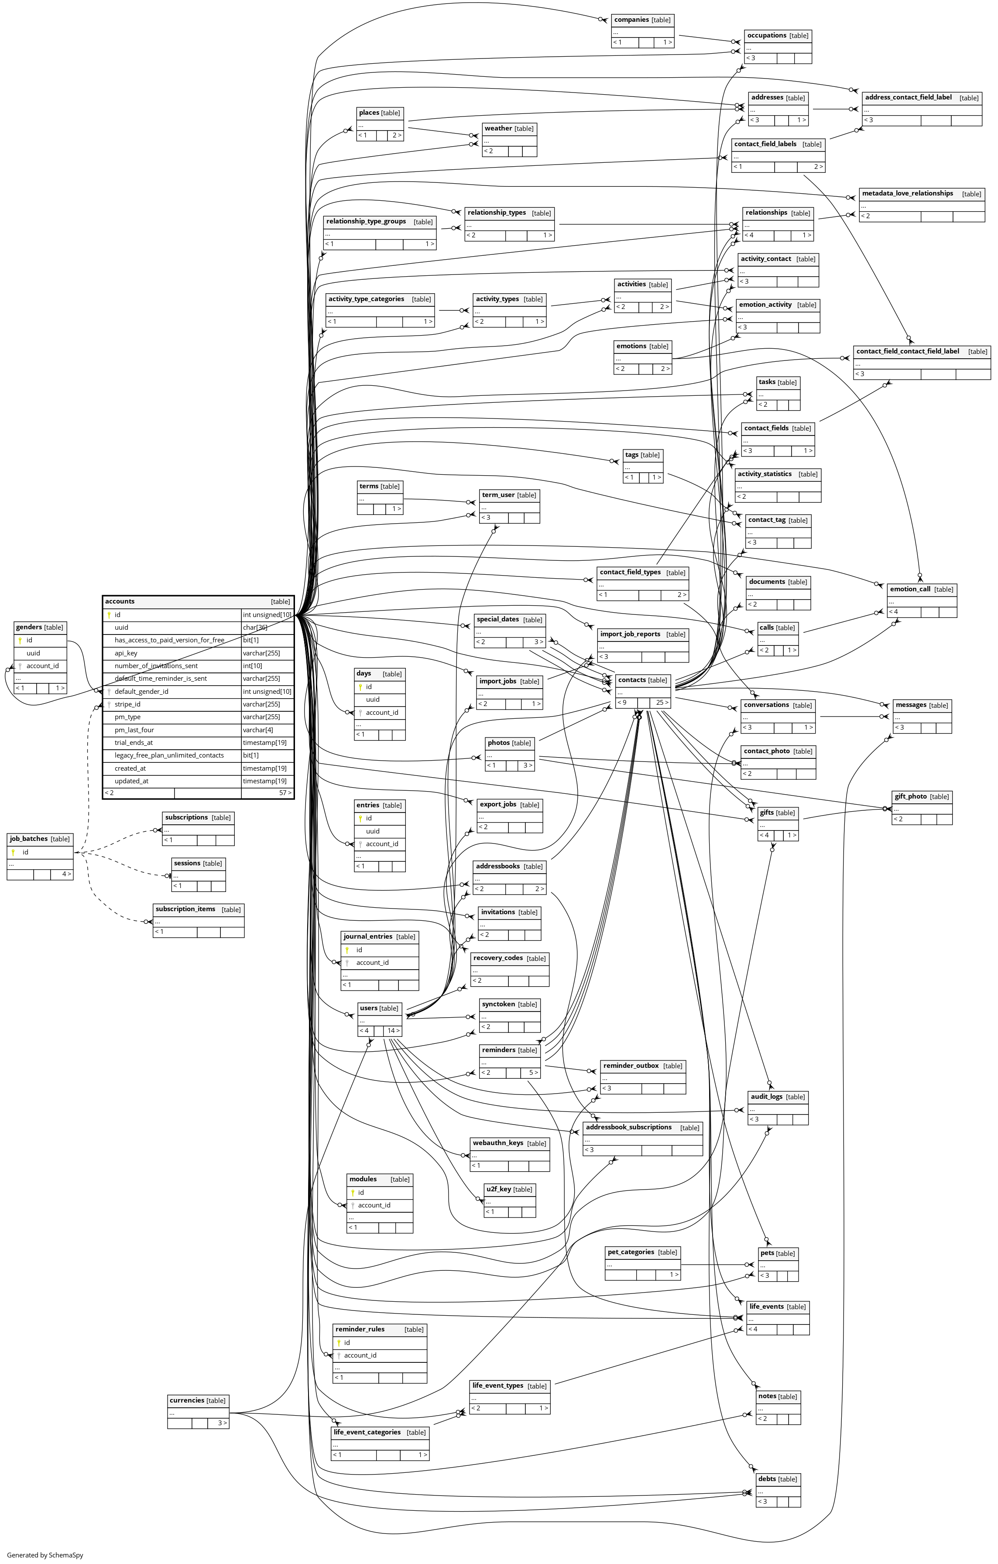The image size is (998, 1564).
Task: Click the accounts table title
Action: click(120, 601)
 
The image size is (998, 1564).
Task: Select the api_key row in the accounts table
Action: click(126, 653)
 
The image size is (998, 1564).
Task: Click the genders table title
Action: click(29, 628)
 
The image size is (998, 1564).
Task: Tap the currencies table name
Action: click(187, 1400)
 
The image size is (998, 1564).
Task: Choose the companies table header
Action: click(632, 20)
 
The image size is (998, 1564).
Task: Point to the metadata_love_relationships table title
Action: click(907, 194)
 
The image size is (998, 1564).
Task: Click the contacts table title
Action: click(632, 680)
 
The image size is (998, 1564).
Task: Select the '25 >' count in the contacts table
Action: click(661, 703)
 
